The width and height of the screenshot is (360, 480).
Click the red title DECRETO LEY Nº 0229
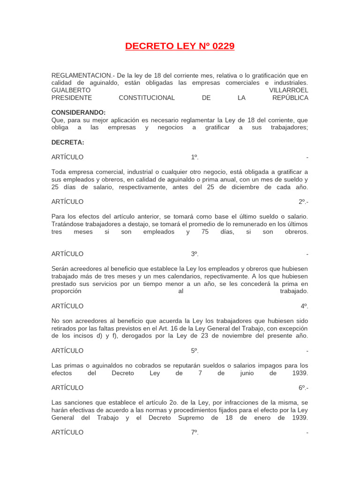180,46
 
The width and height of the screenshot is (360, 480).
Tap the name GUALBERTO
71,90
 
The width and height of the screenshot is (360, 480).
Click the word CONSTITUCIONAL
147,97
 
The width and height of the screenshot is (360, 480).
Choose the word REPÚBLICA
290,97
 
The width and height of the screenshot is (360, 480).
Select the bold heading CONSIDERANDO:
78,112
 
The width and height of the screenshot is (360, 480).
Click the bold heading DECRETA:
68,142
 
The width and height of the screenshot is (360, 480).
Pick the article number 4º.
304,306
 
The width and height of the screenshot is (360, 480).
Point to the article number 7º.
195,432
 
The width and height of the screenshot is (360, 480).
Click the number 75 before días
205,232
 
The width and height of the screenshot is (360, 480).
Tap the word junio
247,373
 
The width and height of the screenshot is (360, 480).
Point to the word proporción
67,291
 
